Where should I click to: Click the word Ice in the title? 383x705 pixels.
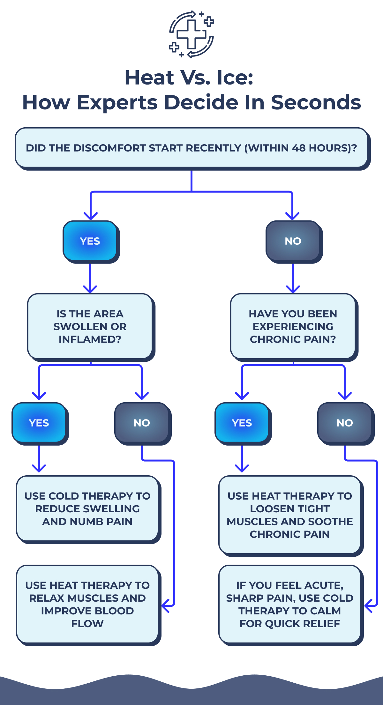[234, 78]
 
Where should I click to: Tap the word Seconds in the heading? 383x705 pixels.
[316, 102]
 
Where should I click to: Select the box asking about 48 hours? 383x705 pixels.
[191, 148]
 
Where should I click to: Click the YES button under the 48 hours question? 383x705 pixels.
[90, 241]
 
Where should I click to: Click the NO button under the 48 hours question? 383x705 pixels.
[293, 241]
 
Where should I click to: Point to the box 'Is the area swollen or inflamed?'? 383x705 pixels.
[90, 326]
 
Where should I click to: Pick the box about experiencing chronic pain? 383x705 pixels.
[293, 326]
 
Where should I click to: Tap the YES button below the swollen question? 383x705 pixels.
[39, 423]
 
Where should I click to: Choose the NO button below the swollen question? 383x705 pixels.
[141, 423]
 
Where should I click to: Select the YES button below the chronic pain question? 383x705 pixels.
[242, 423]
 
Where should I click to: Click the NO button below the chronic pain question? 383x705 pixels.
[344, 423]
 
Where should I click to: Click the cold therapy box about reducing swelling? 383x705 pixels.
[87, 508]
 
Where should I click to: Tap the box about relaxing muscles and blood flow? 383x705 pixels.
[87, 604]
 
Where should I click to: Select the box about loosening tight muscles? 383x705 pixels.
[289, 515]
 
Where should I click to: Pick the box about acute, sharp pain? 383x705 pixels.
[289, 604]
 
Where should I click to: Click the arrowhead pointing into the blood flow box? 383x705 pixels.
[165, 605]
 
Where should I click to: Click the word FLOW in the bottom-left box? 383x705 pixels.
[87, 623]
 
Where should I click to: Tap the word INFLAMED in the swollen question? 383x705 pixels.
[90, 339]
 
